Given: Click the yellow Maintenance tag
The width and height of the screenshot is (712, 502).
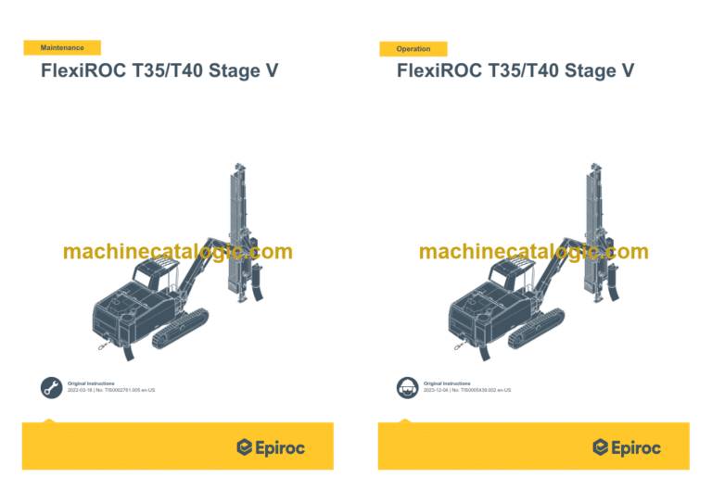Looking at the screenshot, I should (62, 47).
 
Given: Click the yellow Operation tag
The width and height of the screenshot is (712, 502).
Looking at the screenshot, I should (413, 48).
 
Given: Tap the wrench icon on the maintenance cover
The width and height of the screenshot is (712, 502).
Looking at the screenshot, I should (51, 387).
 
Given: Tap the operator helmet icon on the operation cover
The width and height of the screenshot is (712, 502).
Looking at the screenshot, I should (406, 387).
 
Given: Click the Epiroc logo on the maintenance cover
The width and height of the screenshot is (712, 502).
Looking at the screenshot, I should (271, 447).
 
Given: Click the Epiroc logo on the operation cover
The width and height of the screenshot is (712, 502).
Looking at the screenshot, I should (627, 447).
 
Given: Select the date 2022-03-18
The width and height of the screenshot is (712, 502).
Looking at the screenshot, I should (83, 390).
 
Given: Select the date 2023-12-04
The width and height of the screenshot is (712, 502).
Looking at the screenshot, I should (439, 390).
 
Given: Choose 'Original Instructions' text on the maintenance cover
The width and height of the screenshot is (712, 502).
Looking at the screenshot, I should (91, 383).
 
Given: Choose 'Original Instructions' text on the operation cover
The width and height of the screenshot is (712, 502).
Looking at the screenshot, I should (447, 383).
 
